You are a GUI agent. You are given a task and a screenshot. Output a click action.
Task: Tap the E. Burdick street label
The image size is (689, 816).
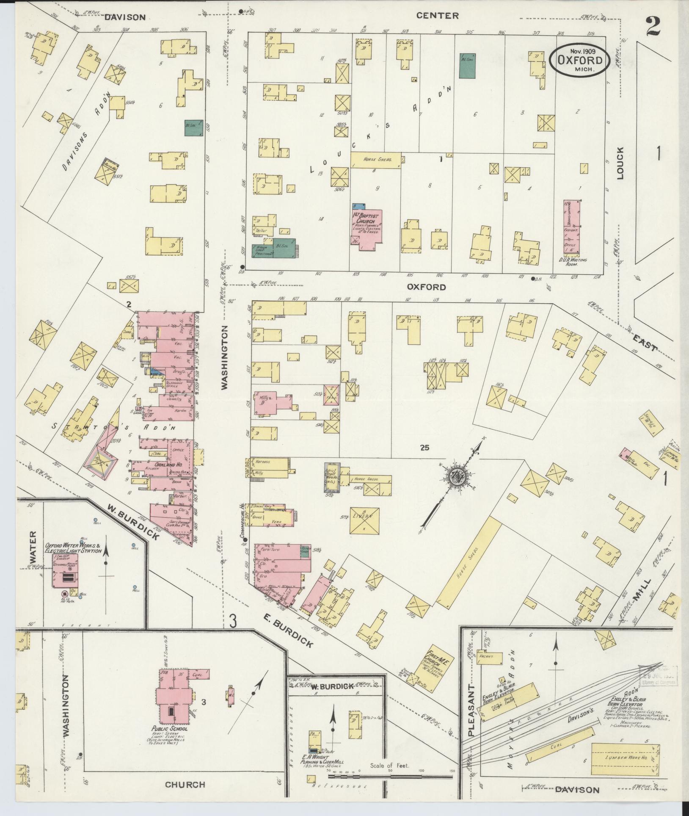coord(294,627)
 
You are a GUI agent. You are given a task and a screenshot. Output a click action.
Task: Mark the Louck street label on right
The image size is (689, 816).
coord(620,163)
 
